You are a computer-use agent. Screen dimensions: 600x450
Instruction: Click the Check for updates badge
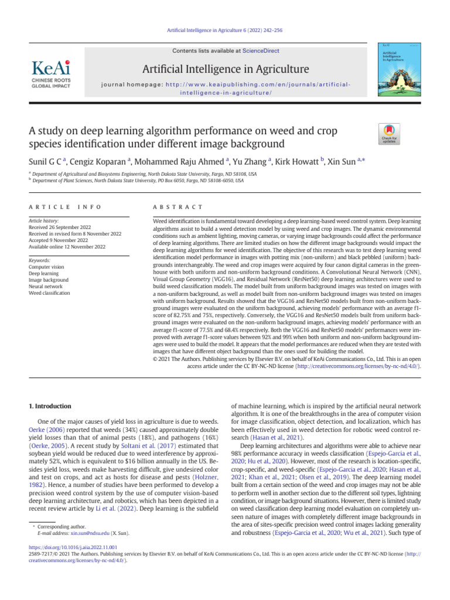coord(388,135)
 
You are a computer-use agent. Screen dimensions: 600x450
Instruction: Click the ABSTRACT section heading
coord(178,207)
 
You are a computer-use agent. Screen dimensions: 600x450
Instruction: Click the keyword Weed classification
coord(49,293)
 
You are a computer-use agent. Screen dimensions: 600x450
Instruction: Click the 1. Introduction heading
coord(50,406)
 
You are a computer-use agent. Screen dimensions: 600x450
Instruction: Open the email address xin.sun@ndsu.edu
coord(90,533)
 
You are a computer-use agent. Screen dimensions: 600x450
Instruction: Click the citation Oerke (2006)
coord(46,432)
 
